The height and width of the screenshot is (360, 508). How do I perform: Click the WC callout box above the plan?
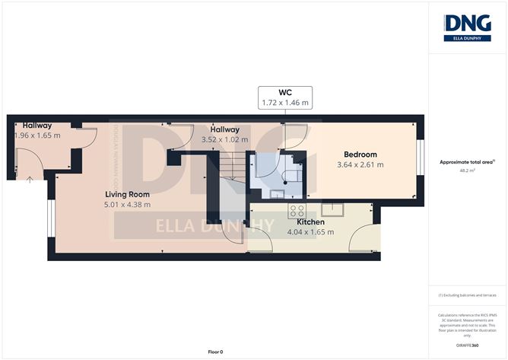[x=285, y=97]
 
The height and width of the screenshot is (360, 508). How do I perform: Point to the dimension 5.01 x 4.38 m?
[x=128, y=204]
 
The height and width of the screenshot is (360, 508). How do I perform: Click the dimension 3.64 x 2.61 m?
[x=360, y=164]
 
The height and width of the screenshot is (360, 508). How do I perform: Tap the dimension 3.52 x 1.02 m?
[x=226, y=139]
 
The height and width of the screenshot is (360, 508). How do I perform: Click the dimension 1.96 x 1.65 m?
[x=38, y=135]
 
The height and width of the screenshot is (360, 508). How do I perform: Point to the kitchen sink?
[x=332, y=211]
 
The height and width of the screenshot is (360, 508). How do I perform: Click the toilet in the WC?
[x=289, y=177]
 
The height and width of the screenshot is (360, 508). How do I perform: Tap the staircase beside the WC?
[x=232, y=164]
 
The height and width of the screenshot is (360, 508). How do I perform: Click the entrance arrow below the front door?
[x=30, y=180]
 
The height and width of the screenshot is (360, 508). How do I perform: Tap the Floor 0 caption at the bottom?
[x=215, y=352]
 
